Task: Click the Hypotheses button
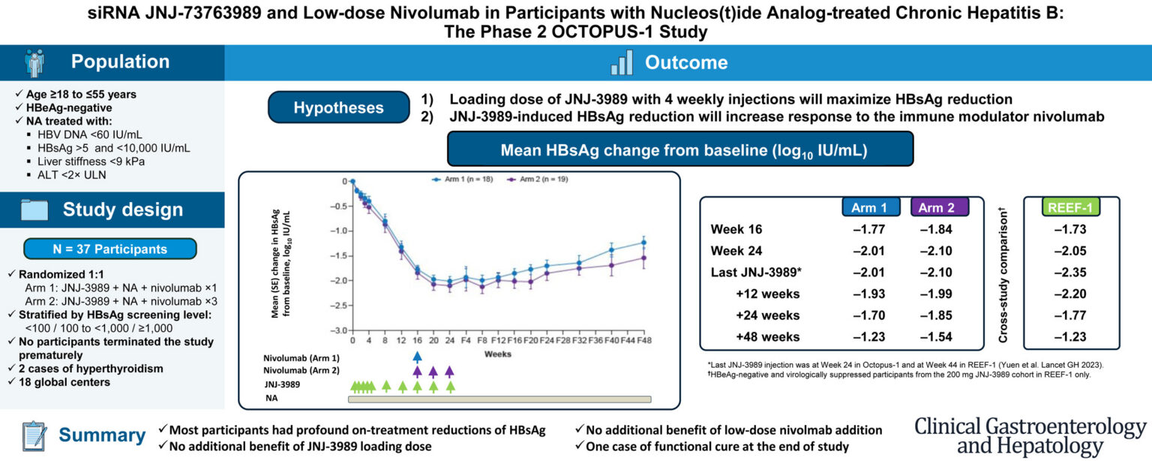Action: [x=338, y=107]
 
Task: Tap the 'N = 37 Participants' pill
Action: [x=110, y=249]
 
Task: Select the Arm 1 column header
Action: [x=871, y=207]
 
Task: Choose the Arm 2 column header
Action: [x=939, y=207]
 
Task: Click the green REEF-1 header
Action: [x=1070, y=207]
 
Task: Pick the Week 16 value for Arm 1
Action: [x=869, y=229]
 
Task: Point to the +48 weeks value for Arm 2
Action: [x=936, y=337]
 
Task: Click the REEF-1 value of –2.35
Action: [x=1070, y=273]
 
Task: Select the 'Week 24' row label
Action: [x=736, y=251]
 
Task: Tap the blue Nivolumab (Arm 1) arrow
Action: [x=417, y=357]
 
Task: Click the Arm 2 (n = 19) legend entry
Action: [x=538, y=179]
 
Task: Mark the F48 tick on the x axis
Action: [x=644, y=340]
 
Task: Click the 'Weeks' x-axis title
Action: [x=497, y=354]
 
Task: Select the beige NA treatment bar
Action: [x=499, y=399]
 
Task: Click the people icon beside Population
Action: [x=35, y=62]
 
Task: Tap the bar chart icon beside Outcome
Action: [x=621, y=63]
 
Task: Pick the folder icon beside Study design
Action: [x=34, y=210]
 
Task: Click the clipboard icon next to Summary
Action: [x=34, y=435]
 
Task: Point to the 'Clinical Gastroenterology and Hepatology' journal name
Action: [x=1030, y=435]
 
